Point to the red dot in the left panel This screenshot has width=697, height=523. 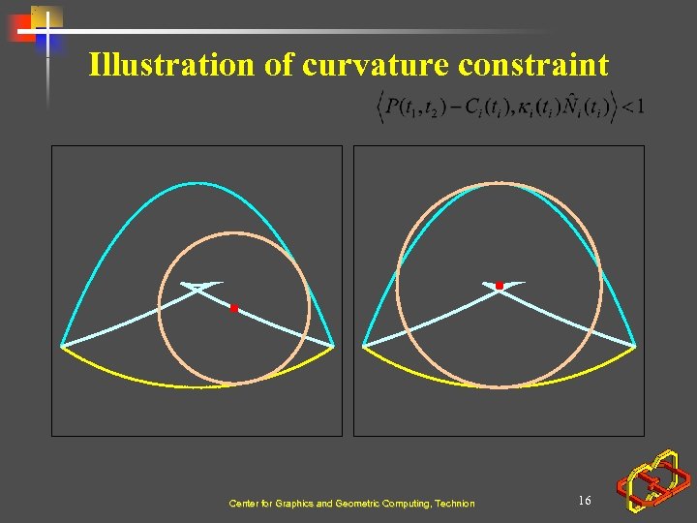click(x=233, y=308)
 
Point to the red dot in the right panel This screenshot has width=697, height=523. click(x=500, y=286)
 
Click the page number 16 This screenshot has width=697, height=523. click(x=584, y=500)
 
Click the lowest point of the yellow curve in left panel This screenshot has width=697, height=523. click(x=198, y=386)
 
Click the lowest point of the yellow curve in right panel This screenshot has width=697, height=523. click(x=500, y=387)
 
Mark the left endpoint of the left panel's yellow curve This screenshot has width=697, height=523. click(x=62, y=346)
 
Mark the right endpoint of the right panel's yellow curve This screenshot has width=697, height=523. click(x=635, y=346)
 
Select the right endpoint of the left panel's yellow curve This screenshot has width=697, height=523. click(x=333, y=346)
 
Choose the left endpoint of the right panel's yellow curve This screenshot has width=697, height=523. click(x=363, y=346)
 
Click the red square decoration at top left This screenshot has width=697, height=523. click(x=21, y=29)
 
